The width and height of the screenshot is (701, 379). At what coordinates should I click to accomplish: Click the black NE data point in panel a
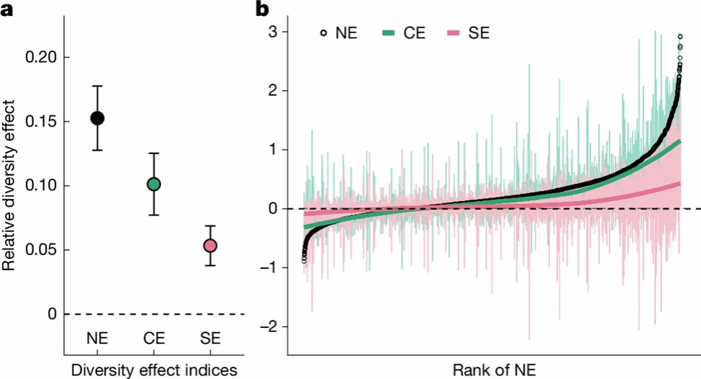pyautogui.click(x=97, y=118)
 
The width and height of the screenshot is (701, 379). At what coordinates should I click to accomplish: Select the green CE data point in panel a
pyautogui.click(x=153, y=184)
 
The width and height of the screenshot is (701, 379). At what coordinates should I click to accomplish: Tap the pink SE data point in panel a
pyautogui.click(x=209, y=246)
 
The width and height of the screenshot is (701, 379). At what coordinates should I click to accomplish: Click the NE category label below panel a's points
pyautogui.click(x=97, y=338)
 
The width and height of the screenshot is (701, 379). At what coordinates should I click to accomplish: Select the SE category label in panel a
pyautogui.click(x=209, y=338)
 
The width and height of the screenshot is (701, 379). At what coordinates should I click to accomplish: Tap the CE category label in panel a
pyautogui.click(x=153, y=338)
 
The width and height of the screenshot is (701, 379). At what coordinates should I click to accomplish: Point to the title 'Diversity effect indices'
pyautogui.click(x=153, y=370)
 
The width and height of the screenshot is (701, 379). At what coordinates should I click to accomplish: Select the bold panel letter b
pyautogui.click(x=263, y=9)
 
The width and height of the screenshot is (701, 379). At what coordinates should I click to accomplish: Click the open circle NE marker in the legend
pyautogui.click(x=324, y=32)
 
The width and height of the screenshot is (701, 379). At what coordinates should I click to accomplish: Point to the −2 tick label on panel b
pyautogui.click(x=270, y=327)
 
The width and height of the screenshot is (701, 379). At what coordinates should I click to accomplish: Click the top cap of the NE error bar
pyautogui.click(x=97, y=86)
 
